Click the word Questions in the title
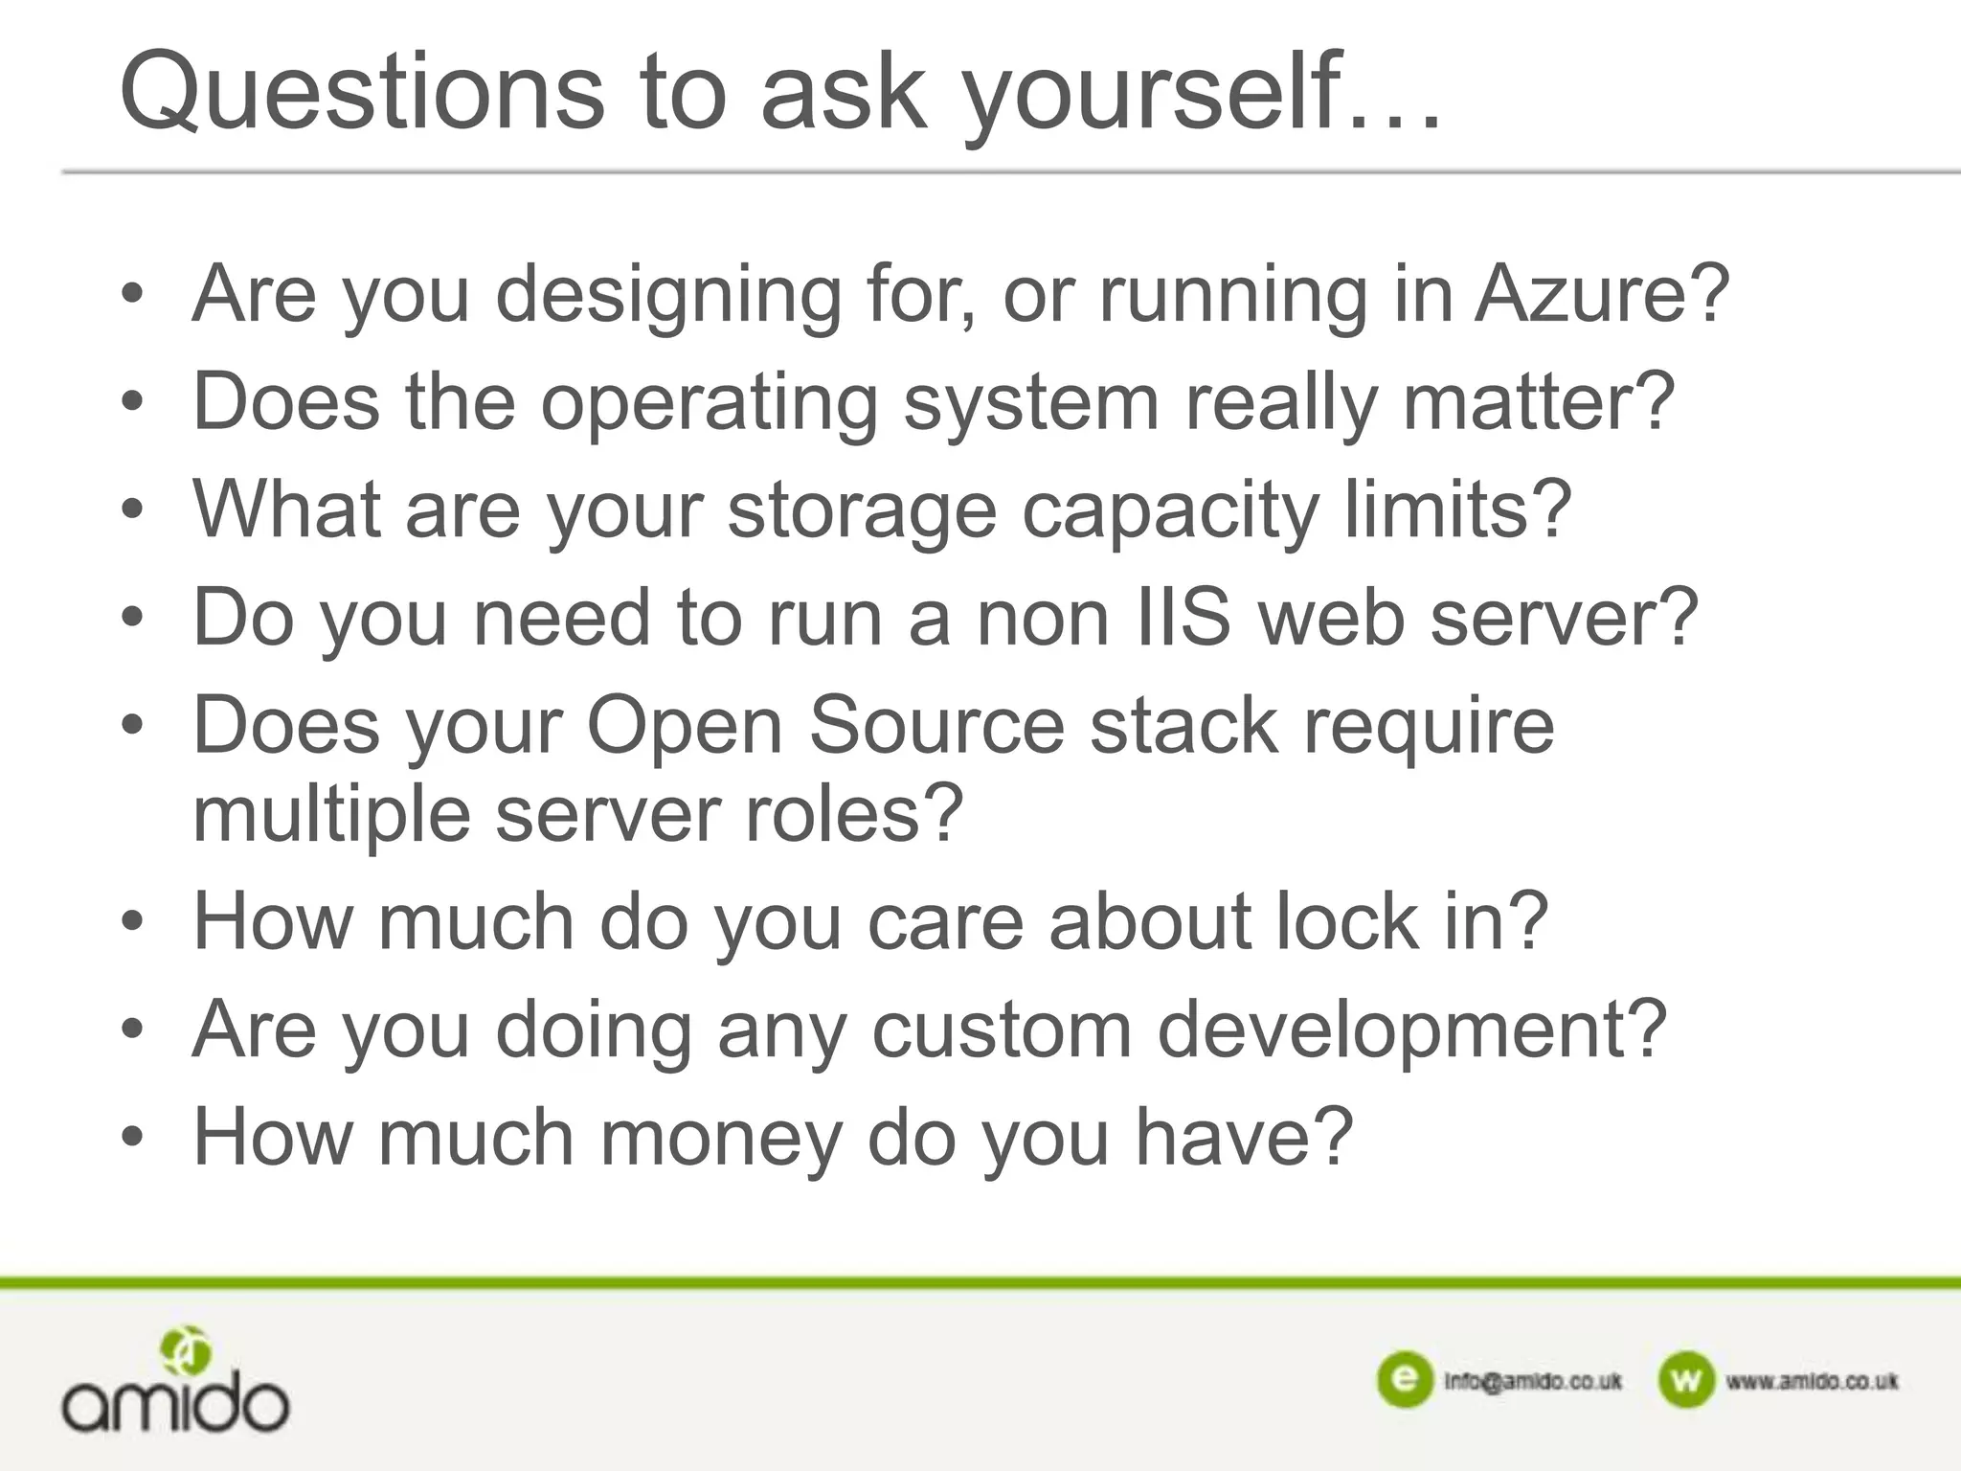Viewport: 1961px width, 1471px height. click(362, 93)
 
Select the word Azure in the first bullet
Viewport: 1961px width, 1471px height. click(1601, 294)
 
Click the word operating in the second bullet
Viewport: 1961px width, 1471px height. click(709, 402)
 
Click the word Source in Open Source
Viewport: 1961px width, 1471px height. click(936, 726)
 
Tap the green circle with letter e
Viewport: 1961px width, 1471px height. click(1405, 1380)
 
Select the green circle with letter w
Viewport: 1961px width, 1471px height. click(1685, 1380)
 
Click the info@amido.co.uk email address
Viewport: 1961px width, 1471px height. click(1533, 1381)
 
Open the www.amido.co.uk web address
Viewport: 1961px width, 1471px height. click(1812, 1381)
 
